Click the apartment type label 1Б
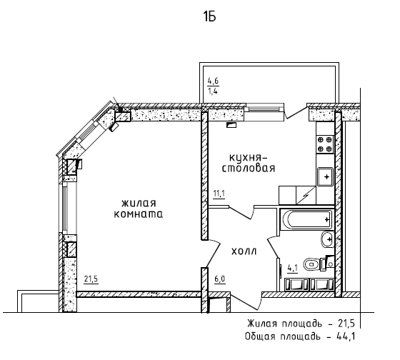coord(209,17)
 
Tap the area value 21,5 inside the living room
coord(91,279)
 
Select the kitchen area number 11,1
coord(219,194)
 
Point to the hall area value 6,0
coord(220,279)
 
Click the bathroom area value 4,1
coord(293,268)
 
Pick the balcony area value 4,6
coord(213,81)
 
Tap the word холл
coord(244,251)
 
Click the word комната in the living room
coord(139,214)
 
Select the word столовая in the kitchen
coord(249,169)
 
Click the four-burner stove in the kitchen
coord(325,144)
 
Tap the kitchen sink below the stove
coord(325,177)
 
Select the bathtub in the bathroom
coord(306,219)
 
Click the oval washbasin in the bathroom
coord(327,239)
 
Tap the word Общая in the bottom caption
coord(260,336)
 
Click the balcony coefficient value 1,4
coord(213,91)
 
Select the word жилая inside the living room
coord(139,204)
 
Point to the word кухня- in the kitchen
coord(249,157)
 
